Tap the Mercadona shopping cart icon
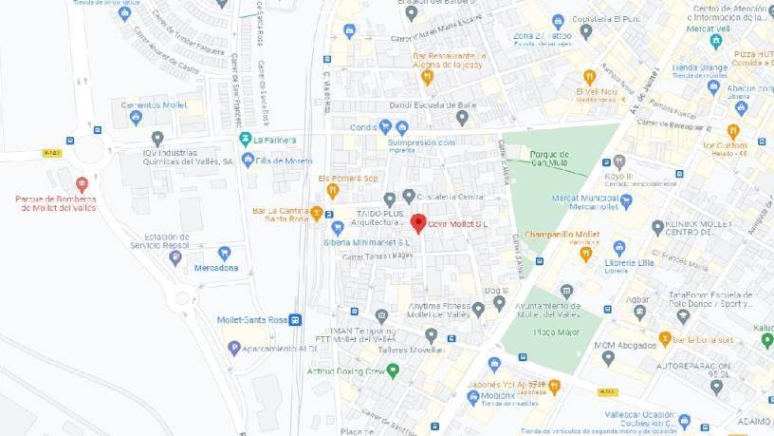(x=225, y=253)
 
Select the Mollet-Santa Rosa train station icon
(x=295, y=320)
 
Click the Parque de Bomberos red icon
(x=82, y=184)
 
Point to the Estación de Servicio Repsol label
(x=162, y=241)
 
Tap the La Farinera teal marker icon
(x=246, y=139)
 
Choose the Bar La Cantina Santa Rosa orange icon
(x=317, y=214)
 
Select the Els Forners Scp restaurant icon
(x=333, y=191)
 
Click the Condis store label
(x=362, y=127)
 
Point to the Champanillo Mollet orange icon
(x=586, y=253)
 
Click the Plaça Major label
(x=538, y=332)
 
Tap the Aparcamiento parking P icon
(x=234, y=348)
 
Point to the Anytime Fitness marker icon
(x=477, y=307)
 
